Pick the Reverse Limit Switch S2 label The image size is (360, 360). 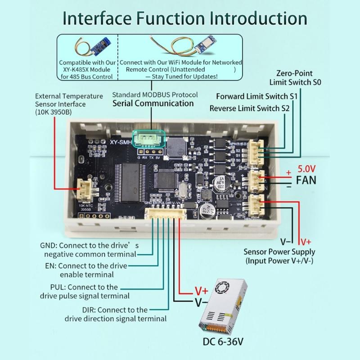[249, 108]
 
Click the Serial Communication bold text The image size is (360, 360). [153, 103]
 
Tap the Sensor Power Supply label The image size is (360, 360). [279, 256]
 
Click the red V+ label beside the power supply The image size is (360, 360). [201, 291]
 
